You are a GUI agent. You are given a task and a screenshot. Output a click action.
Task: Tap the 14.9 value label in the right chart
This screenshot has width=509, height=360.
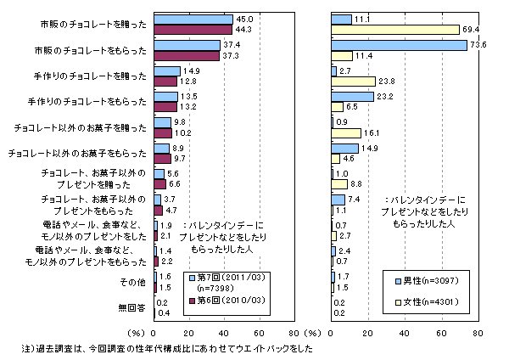pyautogui.click(x=369, y=148)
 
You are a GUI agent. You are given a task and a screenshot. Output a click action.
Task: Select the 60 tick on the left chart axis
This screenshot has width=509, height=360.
pyautogui.click(x=259, y=334)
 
